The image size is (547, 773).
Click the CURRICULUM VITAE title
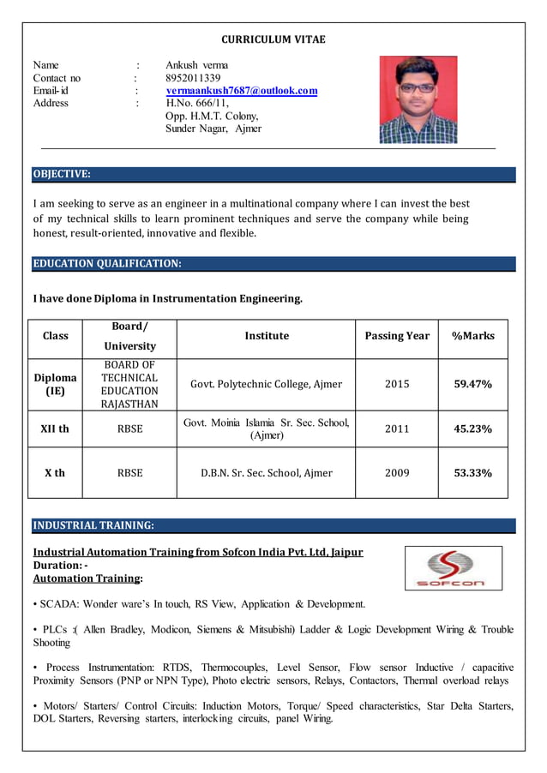[273, 39]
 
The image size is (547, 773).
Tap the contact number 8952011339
[193, 78]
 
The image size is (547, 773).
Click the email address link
[241, 91]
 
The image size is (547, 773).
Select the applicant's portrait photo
[418, 99]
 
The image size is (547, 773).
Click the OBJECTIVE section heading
[62, 175]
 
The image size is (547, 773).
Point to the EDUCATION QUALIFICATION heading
[107, 264]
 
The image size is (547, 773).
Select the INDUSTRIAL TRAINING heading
[93, 525]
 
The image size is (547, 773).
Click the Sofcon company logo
[453, 568]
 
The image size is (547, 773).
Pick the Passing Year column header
[396, 336]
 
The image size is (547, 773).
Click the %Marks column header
[472, 336]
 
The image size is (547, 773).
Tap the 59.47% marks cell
[472, 384]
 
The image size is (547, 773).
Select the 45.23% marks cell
[472, 428]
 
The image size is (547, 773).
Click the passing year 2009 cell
[396, 472]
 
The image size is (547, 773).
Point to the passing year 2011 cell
[396, 428]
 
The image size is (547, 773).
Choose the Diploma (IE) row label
[55, 384]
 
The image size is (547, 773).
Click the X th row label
[55, 472]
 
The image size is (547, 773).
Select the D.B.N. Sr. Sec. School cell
[266, 472]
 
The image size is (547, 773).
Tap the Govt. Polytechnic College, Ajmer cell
[266, 384]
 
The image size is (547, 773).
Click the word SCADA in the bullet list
[60, 604]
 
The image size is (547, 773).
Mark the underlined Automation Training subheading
[75, 578]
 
